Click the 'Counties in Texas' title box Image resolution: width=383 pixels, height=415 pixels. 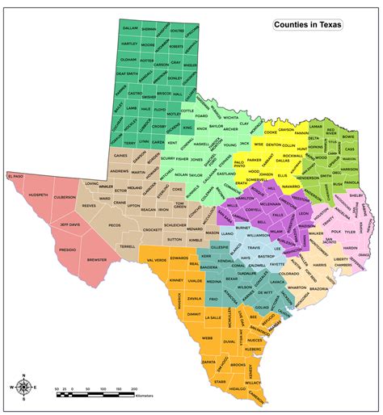coord(307,25)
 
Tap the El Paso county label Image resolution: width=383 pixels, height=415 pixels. coord(16,176)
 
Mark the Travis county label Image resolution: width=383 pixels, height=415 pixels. coord(252,247)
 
